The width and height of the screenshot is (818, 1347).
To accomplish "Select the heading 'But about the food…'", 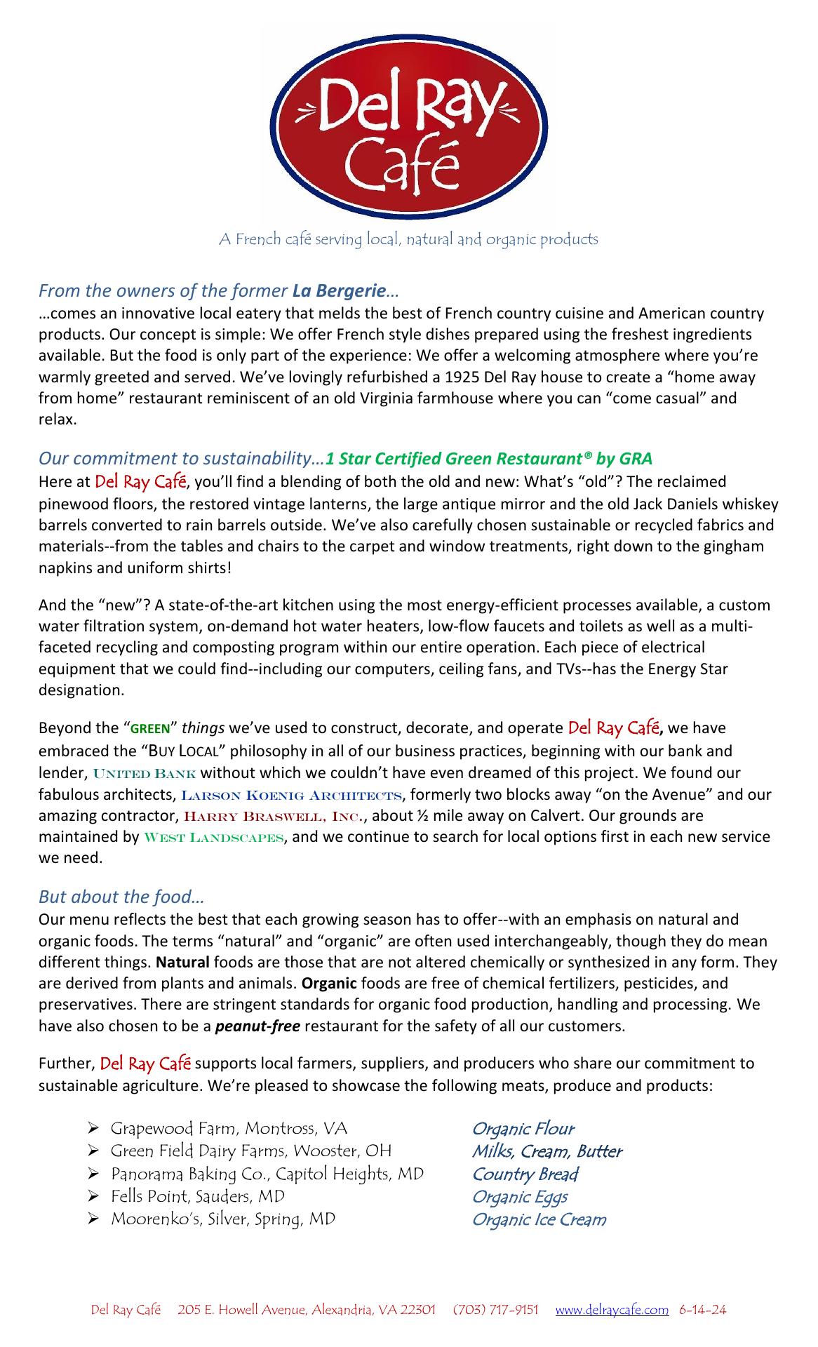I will coord(121,897).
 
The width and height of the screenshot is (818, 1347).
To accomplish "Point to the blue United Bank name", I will coord(145,774).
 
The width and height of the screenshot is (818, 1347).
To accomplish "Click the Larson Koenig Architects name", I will coord(292,795).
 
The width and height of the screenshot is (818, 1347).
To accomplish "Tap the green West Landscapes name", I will coord(214,838).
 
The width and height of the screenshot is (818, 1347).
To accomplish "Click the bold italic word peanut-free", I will coord(257,1026).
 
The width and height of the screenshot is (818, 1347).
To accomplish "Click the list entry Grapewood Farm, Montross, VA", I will coord(229,1129).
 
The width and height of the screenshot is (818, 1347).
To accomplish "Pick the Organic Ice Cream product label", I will coord(539,1219).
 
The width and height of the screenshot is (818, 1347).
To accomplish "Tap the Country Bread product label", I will coord(525,1174).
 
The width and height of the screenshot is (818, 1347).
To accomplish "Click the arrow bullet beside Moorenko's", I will coord(93,1219).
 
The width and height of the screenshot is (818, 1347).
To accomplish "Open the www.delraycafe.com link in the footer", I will coord(612,1310).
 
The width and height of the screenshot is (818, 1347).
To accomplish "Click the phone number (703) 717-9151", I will coord(496,1310).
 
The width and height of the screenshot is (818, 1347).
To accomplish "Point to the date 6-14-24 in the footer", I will coord(703,1310).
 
